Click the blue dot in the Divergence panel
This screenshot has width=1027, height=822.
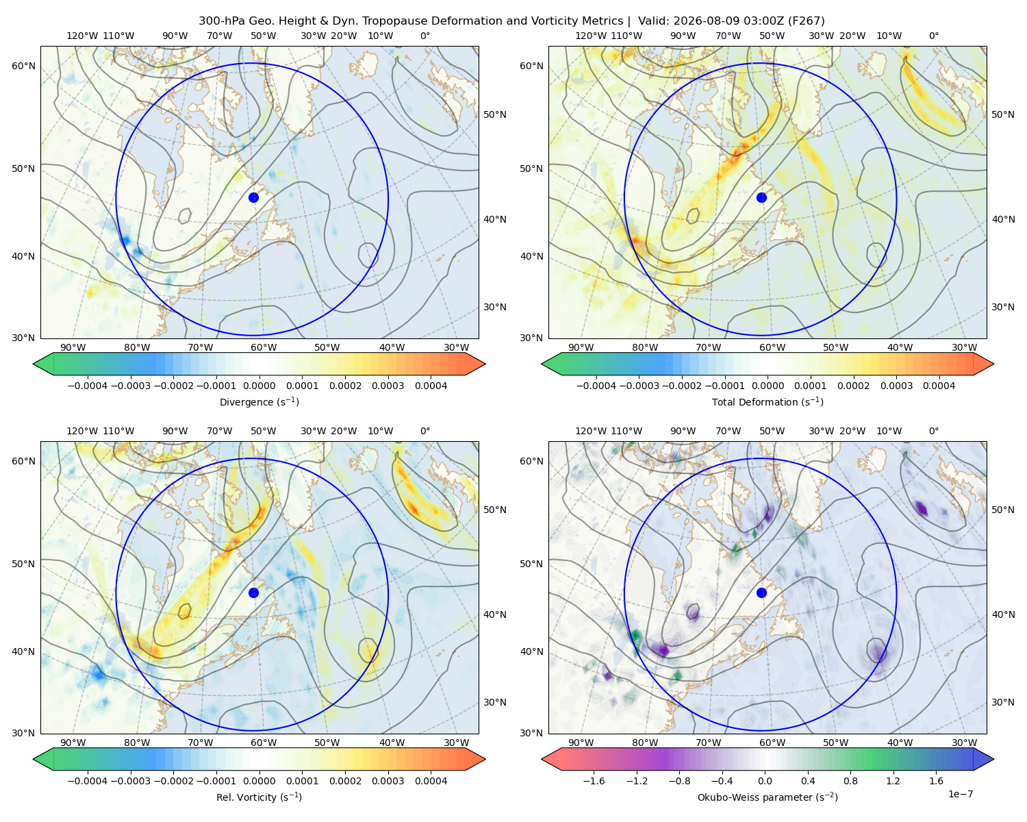click(253, 197)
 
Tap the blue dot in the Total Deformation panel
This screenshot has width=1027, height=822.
click(761, 197)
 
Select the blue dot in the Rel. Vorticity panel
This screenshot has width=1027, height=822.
click(253, 593)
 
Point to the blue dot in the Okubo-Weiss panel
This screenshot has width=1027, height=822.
click(761, 593)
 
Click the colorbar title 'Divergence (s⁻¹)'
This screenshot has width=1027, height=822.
click(259, 401)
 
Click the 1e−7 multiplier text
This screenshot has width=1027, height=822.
click(960, 794)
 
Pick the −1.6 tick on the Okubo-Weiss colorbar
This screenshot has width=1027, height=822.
click(594, 781)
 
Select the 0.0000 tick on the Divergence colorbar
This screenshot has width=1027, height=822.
click(259, 386)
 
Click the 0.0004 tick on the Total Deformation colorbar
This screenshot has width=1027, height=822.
click(939, 386)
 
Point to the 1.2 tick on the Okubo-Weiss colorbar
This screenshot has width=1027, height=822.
click(893, 781)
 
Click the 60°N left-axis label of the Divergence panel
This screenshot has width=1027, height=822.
click(23, 66)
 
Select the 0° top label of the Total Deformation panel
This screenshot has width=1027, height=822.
click(933, 36)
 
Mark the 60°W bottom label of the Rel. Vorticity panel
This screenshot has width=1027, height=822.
click(264, 743)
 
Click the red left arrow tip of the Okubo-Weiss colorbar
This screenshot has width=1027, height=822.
click(542, 759)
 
